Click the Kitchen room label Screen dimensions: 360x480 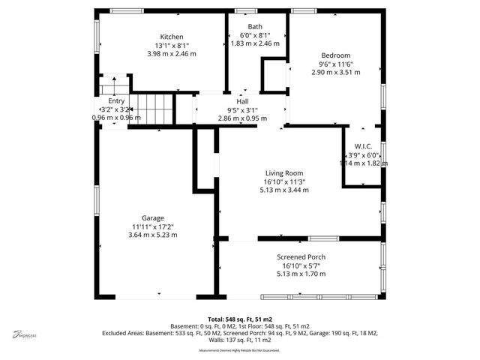click(172, 37)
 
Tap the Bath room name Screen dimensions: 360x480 click(255, 27)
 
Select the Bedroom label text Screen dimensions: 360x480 click(335, 55)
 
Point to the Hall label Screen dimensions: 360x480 click(242, 101)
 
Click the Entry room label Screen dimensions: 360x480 click(116, 100)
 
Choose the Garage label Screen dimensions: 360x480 click(153, 218)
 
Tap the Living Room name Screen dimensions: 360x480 click(284, 174)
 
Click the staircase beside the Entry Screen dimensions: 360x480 click(157, 109)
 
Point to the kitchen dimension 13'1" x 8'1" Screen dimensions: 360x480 click(172, 45)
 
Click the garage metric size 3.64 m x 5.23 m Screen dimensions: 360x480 click(153, 235)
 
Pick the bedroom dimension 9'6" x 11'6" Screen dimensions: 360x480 click(335, 64)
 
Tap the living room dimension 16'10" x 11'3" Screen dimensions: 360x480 click(284, 182)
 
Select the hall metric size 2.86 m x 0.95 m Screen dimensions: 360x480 click(242, 118)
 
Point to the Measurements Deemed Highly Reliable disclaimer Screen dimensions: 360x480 click(239, 350)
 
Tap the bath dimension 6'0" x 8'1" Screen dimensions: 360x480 click(255, 35)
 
